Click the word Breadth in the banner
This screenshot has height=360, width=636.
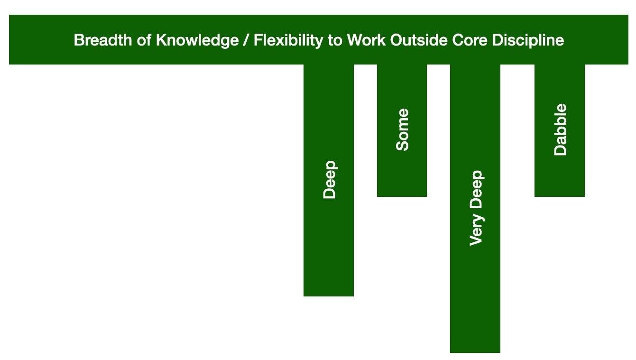[103, 40]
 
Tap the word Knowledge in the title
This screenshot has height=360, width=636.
[197, 40]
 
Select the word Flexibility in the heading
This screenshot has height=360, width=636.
[288, 40]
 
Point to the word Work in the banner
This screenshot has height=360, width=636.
[366, 40]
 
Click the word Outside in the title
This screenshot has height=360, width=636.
[419, 40]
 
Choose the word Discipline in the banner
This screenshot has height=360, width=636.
[528, 40]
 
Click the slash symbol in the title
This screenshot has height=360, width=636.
[246, 40]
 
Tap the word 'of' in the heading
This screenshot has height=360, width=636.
[144, 40]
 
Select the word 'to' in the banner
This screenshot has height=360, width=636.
[335, 40]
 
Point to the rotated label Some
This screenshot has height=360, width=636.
[402, 129]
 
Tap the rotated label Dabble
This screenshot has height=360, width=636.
[560, 129]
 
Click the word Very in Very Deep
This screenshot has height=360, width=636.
[477, 230]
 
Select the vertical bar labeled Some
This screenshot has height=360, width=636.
[402, 130]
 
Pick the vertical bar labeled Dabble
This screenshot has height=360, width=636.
[559, 130]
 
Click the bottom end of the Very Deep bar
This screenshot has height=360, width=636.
[475, 352]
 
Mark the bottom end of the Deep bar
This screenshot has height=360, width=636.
[329, 296]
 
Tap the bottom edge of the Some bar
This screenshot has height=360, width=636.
[402, 196]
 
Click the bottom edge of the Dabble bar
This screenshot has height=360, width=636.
[559, 196]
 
